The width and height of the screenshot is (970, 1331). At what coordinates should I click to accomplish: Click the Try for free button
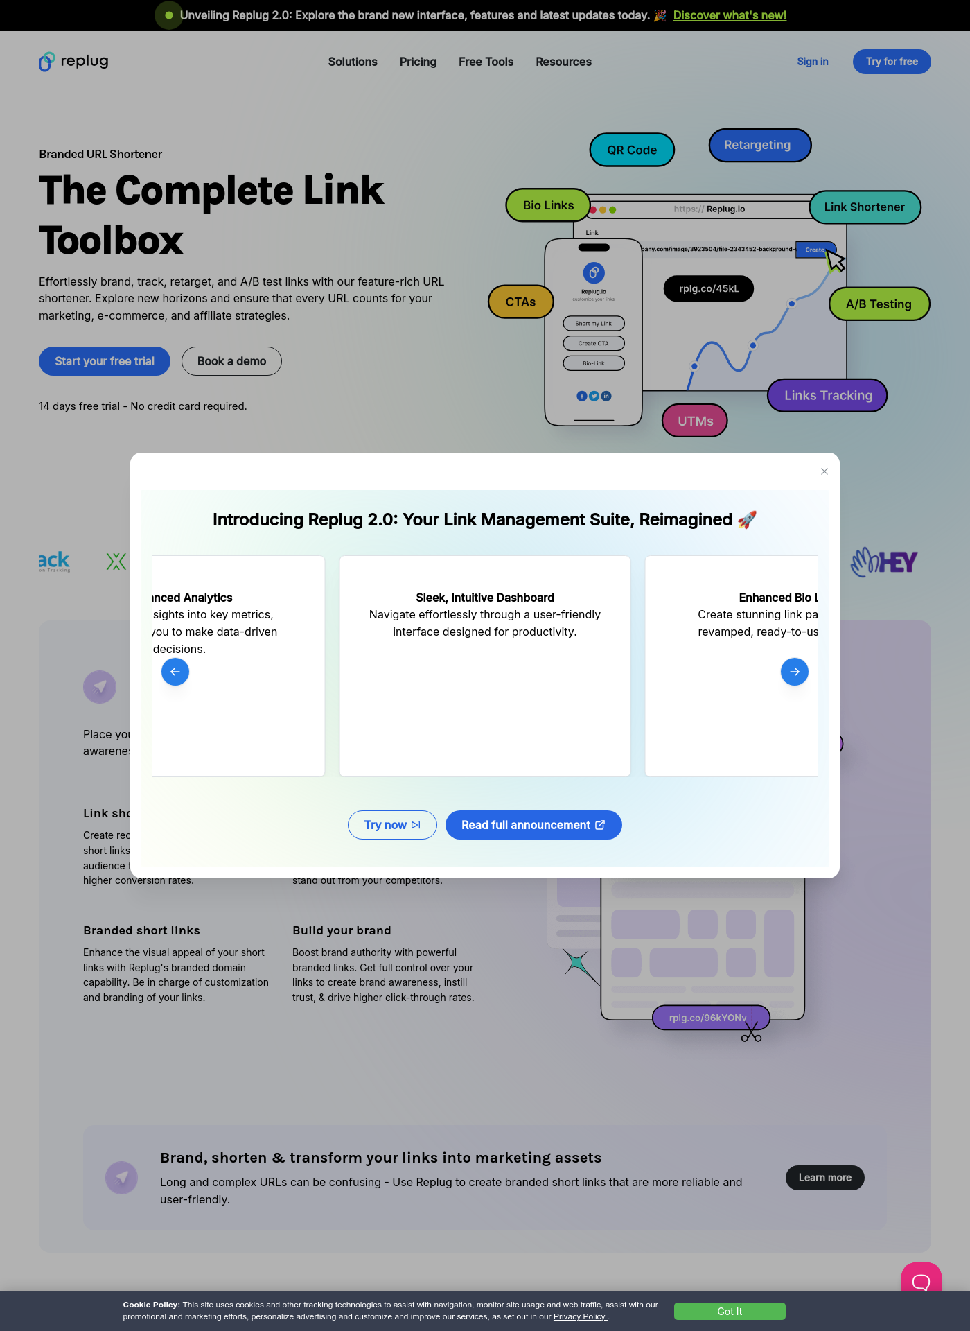tap(891, 62)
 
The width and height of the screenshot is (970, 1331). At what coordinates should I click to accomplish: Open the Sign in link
tap(812, 62)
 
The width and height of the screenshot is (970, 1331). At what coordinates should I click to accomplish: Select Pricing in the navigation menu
tap(418, 62)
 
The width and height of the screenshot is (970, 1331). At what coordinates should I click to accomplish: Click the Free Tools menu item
tap(486, 62)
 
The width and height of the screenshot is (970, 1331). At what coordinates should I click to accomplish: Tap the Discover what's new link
tap(730, 15)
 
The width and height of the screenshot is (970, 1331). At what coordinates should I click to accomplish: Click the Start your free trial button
tap(105, 361)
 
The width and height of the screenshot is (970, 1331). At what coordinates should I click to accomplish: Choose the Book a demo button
tap(231, 361)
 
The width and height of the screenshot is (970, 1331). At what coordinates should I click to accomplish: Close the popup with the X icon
tap(824, 471)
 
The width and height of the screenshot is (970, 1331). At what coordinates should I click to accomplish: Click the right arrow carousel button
tap(794, 672)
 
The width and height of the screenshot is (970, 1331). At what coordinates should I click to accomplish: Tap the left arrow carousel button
tap(175, 672)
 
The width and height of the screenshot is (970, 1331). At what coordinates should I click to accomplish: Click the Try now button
tap(392, 825)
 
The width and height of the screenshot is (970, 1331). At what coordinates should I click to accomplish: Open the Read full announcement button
tap(533, 825)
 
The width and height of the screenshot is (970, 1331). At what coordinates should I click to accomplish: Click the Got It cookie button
tap(729, 1312)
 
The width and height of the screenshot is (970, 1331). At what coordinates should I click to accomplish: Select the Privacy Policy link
tap(580, 1316)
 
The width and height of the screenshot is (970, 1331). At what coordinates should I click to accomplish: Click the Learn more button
tap(824, 1178)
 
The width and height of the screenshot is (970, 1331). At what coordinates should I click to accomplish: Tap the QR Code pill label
tap(632, 150)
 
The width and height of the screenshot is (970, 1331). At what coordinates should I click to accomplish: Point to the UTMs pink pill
tap(695, 421)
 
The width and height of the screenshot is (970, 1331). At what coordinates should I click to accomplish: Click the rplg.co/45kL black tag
tap(708, 288)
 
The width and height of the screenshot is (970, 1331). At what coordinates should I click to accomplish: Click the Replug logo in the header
tap(73, 62)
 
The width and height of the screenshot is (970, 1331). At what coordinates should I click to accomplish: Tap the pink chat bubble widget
tap(921, 1280)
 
